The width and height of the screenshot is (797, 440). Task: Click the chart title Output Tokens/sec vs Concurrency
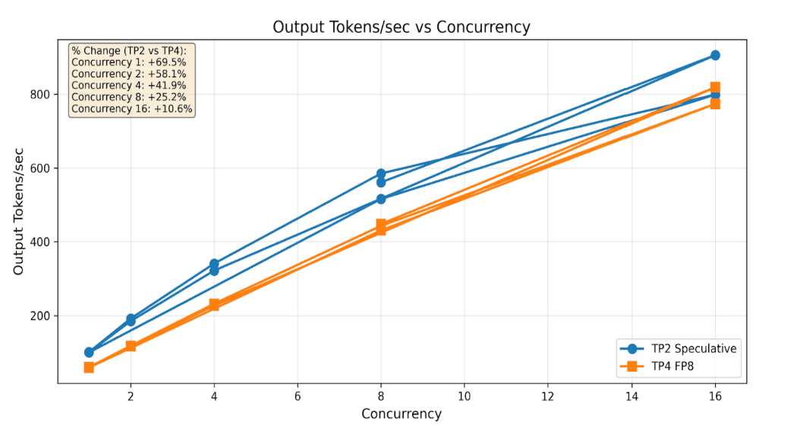401,27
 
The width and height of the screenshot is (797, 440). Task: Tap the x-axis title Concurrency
401,414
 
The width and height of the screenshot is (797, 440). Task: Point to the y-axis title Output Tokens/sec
18,211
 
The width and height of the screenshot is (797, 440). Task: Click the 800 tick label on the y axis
40,95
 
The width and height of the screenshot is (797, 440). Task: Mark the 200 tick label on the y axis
40,316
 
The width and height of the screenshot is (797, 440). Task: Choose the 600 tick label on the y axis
40,168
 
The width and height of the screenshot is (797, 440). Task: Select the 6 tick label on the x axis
298,396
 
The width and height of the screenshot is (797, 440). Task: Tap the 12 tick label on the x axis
548,396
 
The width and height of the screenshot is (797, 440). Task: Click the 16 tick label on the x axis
715,396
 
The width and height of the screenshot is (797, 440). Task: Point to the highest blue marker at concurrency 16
715,55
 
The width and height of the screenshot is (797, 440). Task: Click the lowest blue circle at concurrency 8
381,199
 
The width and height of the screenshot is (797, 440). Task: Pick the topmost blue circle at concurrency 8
381,174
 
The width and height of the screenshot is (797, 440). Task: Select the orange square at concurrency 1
89,367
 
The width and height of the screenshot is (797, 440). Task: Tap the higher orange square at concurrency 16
715,87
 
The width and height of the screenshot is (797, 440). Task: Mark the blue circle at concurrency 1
89,352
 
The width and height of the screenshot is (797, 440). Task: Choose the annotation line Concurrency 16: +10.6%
131,108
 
